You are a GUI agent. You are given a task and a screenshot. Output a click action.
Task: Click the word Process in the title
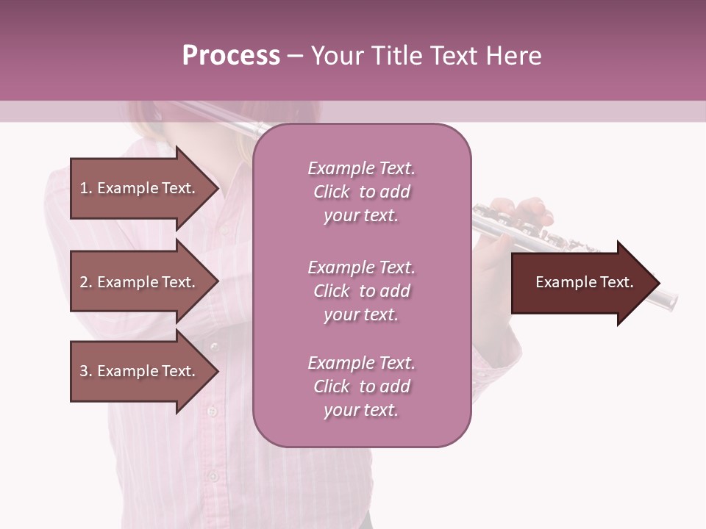click(x=231, y=56)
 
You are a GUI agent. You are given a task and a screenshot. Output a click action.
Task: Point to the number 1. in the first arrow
click(x=86, y=188)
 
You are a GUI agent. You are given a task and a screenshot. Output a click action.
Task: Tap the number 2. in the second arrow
click(x=86, y=282)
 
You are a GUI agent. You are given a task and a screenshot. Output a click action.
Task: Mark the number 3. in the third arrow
click(x=86, y=371)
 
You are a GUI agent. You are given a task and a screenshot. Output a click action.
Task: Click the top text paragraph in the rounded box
click(x=362, y=192)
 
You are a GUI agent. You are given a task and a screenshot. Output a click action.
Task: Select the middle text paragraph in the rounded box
click(x=362, y=291)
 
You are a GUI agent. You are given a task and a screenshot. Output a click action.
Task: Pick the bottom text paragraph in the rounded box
click(x=362, y=386)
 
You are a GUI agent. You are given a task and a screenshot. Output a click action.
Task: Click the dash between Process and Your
click(x=295, y=56)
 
